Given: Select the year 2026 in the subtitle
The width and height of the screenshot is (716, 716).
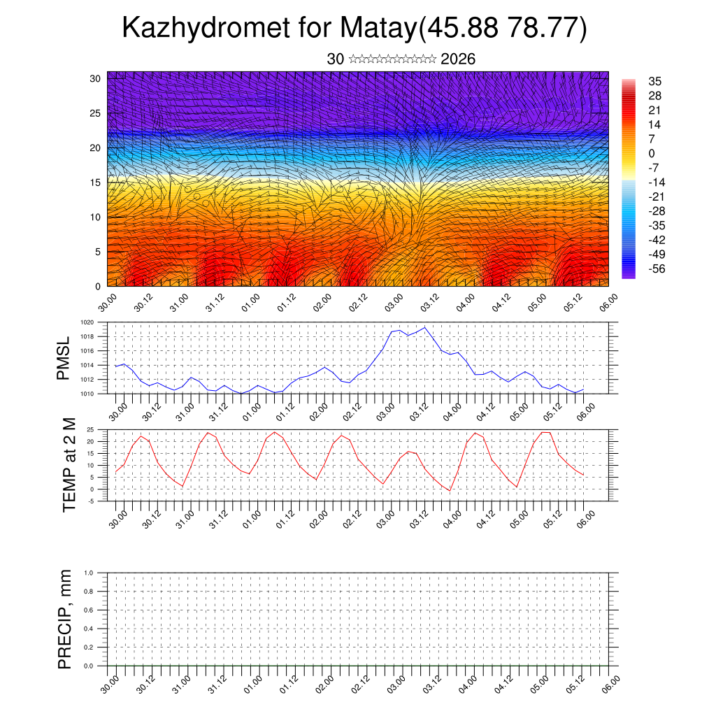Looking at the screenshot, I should click(x=458, y=59).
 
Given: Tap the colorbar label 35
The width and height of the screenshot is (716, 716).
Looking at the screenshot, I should click(x=655, y=82).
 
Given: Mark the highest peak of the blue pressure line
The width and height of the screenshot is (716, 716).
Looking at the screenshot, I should click(x=424, y=327).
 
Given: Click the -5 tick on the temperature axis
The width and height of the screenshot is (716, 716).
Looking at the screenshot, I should click(x=92, y=501).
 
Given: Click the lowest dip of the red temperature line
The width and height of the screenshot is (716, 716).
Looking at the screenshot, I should click(x=450, y=491).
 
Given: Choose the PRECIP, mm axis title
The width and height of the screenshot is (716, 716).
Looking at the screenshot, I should click(x=65, y=619).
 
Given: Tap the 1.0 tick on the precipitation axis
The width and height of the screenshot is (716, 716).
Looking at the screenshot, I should click(x=89, y=573).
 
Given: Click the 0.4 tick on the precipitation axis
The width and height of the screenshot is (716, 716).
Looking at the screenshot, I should click(x=89, y=629).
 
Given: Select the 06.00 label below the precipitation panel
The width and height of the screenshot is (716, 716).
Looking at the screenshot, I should click(x=611, y=682).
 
